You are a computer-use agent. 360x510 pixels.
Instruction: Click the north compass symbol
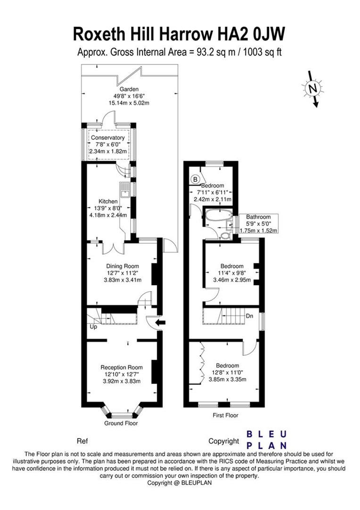click(312, 88)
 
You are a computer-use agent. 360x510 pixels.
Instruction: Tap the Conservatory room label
click(108, 137)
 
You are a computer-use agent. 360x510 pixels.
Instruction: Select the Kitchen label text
click(108, 201)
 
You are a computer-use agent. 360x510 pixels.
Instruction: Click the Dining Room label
click(121, 266)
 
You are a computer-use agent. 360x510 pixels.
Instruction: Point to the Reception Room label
click(121, 367)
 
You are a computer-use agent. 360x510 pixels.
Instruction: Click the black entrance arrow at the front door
click(160, 323)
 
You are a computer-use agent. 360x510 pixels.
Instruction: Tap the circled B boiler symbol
click(195, 179)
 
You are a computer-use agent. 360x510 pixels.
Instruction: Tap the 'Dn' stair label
click(249, 316)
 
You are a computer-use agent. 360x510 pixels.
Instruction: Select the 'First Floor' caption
click(225, 416)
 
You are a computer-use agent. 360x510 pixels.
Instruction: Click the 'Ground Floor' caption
click(121, 424)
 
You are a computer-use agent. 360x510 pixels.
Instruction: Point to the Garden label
click(129, 89)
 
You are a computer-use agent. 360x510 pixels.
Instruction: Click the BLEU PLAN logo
click(267, 439)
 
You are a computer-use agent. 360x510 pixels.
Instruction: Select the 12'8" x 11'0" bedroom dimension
click(227, 373)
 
